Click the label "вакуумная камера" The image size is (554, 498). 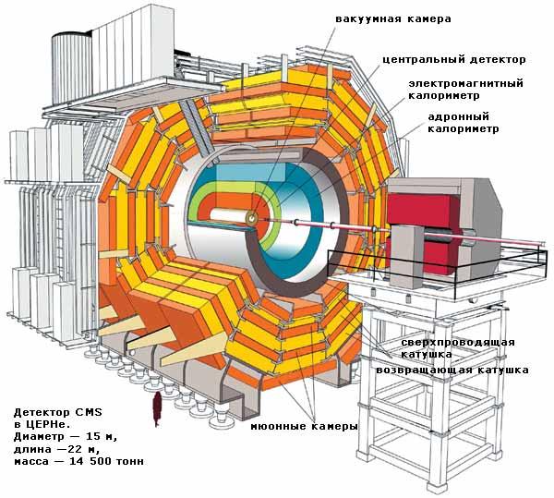pos(393,18)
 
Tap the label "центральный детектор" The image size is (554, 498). pos(454,59)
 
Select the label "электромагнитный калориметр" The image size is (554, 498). pos(465,90)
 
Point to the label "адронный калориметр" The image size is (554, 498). pos(464,122)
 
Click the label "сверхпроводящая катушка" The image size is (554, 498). pos(457,347)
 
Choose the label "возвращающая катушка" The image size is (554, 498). pos(452,370)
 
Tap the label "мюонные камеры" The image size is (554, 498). pos(304,426)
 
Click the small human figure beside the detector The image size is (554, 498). pos(157,409)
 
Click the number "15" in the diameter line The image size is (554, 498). pos(93,436)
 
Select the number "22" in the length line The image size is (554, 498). pos(75,449)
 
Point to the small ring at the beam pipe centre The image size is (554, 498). pos(251,219)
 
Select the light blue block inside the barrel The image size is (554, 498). pos(250,173)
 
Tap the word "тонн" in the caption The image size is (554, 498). pos(135,461)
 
